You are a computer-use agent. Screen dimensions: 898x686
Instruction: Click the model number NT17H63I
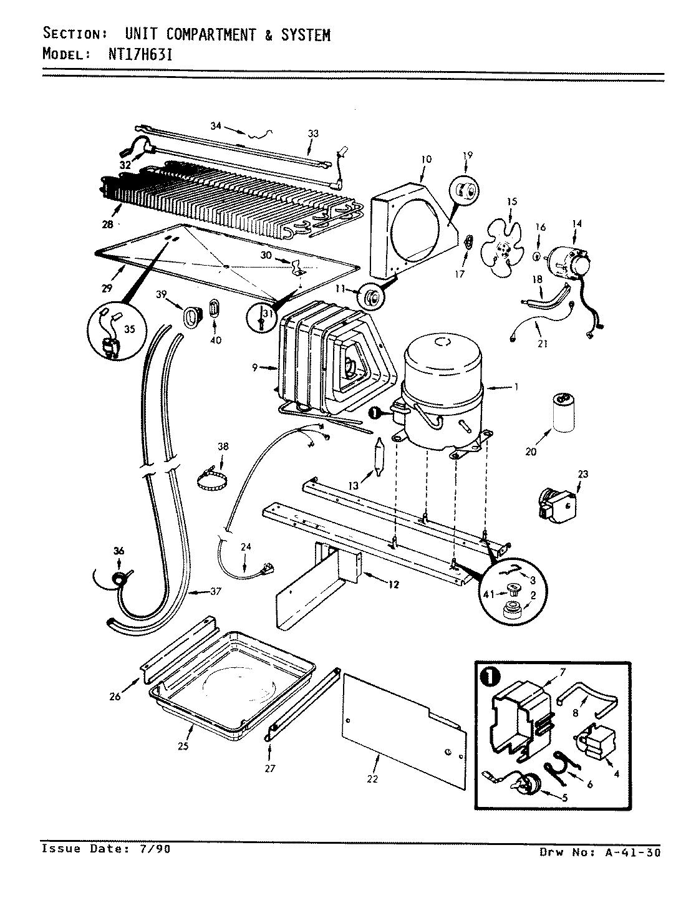tap(132, 54)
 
